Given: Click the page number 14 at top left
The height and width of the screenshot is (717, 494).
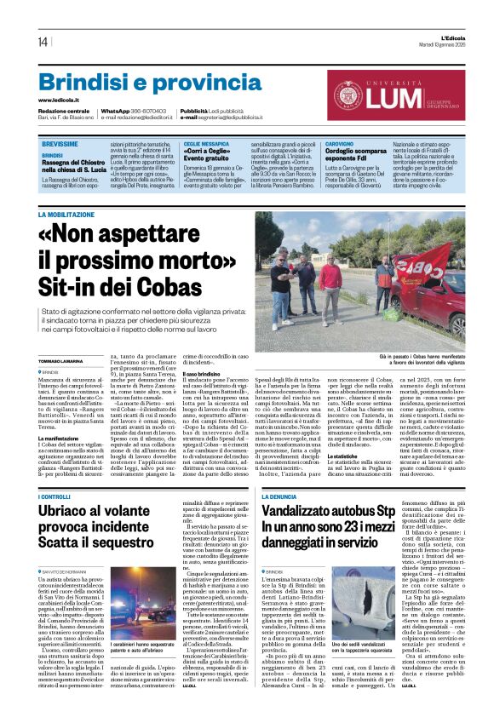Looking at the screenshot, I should (43, 42).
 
